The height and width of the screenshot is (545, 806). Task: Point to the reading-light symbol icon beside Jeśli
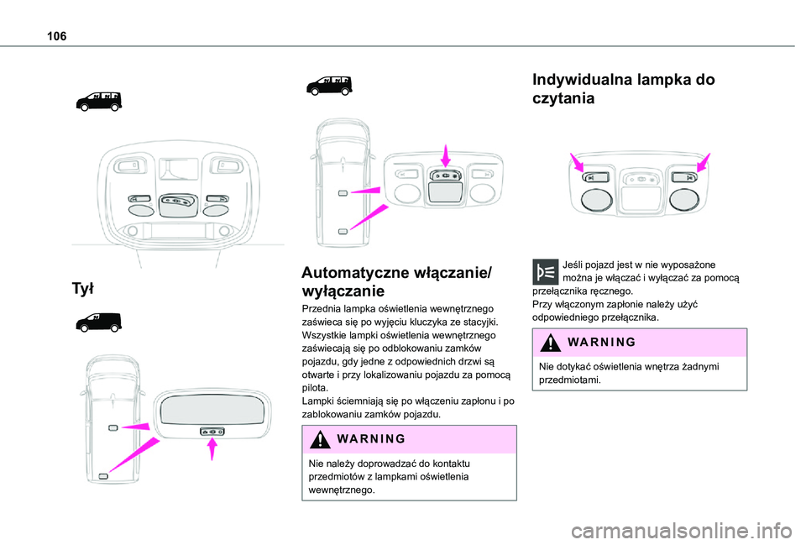click(546, 271)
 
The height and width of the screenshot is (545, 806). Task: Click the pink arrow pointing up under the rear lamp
click(212, 450)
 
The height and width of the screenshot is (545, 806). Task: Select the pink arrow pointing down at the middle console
click(445, 156)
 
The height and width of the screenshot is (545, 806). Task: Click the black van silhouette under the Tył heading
click(97, 322)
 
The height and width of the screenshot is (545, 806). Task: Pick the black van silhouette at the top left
click(97, 101)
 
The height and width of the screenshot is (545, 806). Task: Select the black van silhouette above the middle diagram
click(329, 85)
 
